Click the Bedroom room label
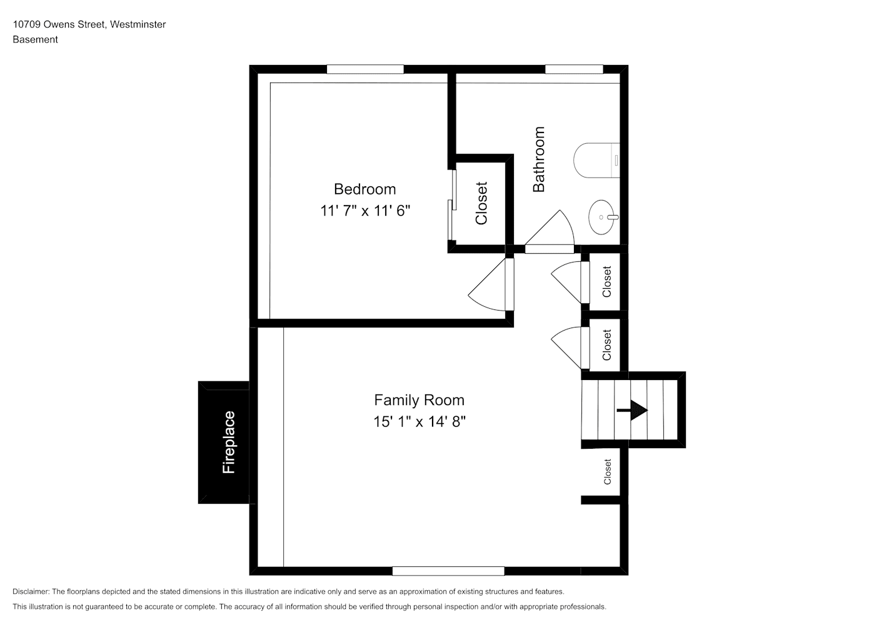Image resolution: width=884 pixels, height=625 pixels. [364, 189]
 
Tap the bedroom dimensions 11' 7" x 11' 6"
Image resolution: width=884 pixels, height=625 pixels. [365, 211]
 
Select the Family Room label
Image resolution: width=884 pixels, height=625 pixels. [419, 400]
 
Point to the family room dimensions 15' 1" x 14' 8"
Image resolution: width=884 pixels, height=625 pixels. [419, 422]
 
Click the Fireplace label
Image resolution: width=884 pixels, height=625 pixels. [229, 442]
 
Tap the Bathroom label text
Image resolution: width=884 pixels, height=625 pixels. [539, 159]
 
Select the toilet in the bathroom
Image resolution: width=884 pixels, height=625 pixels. [596, 160]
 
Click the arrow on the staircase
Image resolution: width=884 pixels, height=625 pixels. [632, 411]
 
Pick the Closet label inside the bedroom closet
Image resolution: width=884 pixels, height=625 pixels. [481, 203]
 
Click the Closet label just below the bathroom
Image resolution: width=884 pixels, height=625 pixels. [606, 282]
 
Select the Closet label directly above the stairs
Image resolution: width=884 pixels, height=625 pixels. [606, 345]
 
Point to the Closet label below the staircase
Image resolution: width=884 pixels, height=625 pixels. [607, 471]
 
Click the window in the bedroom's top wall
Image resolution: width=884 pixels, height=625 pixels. [365, 69]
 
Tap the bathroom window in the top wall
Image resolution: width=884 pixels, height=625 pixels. [574, 69]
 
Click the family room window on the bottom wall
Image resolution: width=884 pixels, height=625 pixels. [448, 571]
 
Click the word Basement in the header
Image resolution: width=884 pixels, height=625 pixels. [35, 39]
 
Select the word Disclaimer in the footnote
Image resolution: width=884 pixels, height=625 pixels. [31, 591]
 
